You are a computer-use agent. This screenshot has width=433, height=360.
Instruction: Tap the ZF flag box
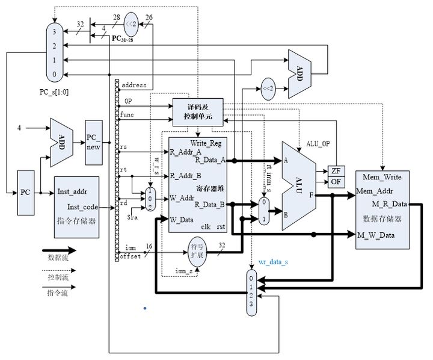click(x=335, y=171)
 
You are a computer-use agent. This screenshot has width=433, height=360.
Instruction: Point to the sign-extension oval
click(x=197, y=248)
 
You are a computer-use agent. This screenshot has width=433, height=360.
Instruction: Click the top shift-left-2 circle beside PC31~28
click(x=132, y=25)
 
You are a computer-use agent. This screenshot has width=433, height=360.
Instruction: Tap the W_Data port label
click(x=182, y=219)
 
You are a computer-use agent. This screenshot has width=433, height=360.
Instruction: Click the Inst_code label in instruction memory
click(x=82, y=207)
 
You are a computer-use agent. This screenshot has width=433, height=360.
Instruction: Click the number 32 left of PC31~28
click(x=81, y=25)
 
